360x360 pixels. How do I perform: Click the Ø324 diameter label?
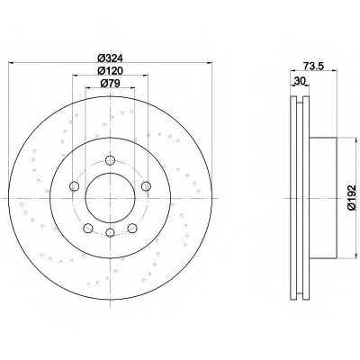(x=111, y=57)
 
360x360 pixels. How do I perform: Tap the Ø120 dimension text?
(x=111, y=70)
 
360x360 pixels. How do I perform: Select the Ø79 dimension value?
(x=110, y=83)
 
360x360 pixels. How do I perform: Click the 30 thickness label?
(x=300, y=80)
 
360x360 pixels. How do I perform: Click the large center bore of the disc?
(x=111, y=198)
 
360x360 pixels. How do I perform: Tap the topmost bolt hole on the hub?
(x=111, y=160)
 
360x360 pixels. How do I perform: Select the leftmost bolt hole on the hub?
(x=74, y=186)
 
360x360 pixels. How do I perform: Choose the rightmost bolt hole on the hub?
(x=146, y=186)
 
